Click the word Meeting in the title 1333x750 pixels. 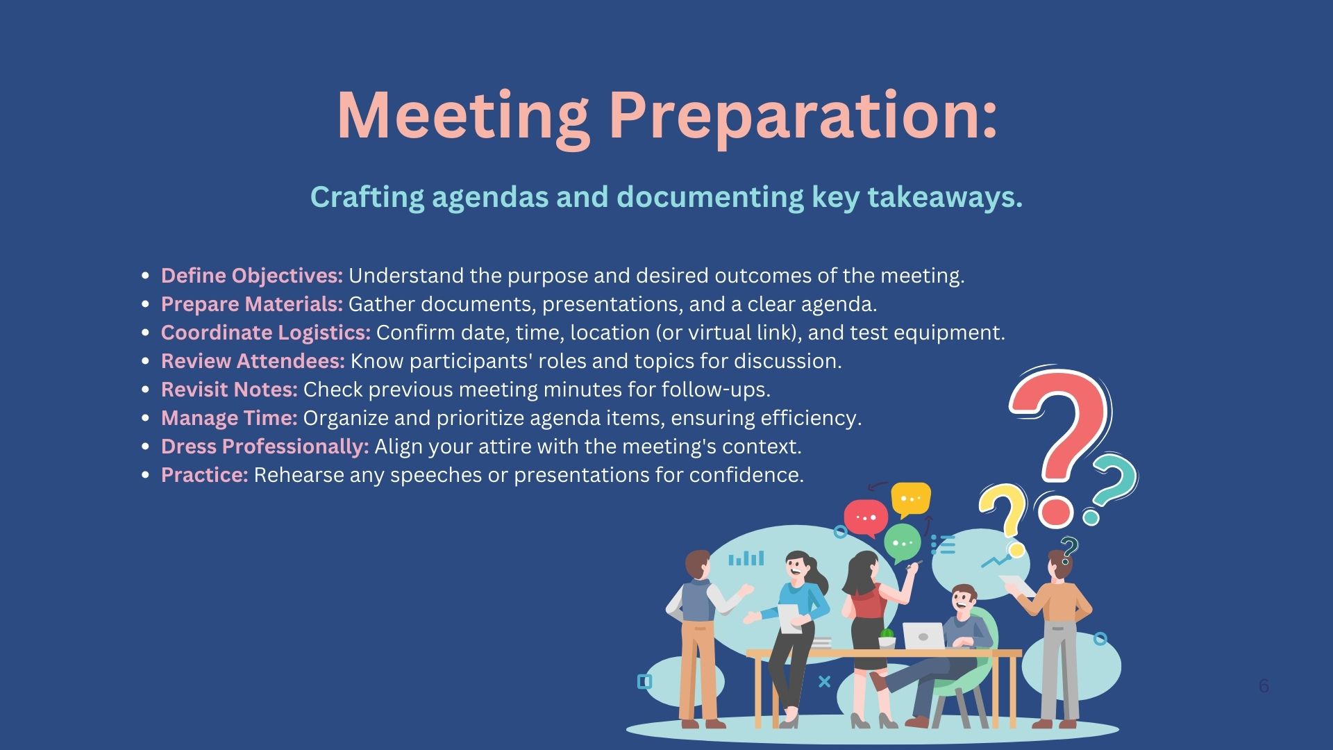pos(463,117)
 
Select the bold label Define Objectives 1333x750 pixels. pos(252,276)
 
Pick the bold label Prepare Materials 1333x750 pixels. pos(252,304)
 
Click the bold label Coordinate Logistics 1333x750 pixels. pos(266,333)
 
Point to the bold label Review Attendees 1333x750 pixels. pos(253,361)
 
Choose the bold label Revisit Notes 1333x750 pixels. pos(229,390)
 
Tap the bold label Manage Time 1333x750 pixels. pos(229,418)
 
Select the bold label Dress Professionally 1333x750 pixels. pos(265,447)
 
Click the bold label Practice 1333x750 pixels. pos(204,475)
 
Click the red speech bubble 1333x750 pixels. pos(866,519)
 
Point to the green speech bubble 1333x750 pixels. pos(903,543)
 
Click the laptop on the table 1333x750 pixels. pos(923,635)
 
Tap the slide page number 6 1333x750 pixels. pos(1264,686)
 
